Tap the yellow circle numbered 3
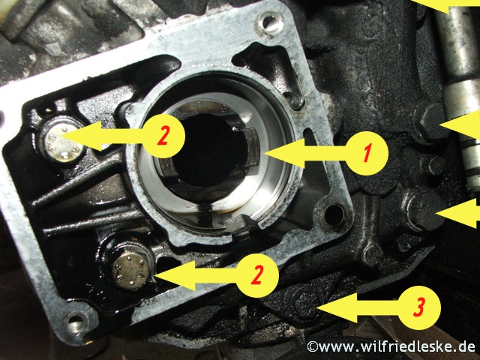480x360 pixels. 419,306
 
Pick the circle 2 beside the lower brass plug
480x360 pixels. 257,274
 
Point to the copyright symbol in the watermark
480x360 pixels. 313,347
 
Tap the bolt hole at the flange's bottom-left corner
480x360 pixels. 73,324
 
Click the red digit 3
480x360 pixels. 419,306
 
